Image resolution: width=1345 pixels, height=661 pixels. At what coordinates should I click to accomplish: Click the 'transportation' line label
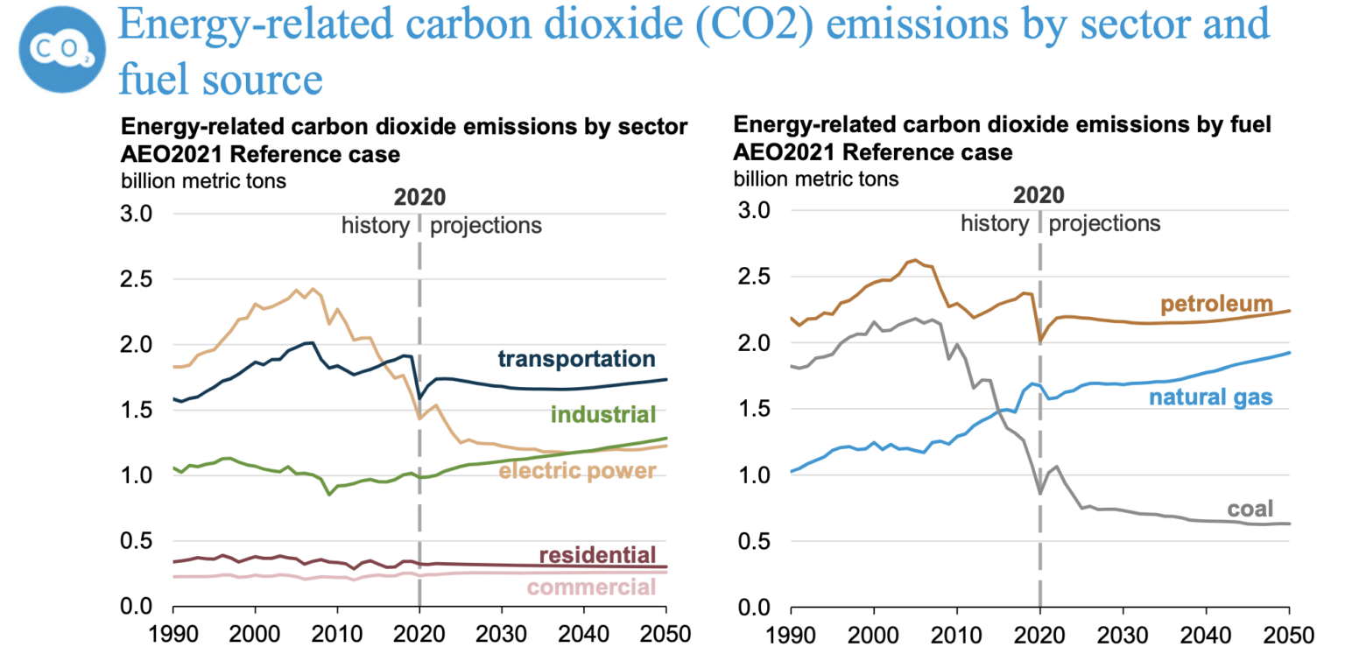pyautogui.click(x=575, y=359)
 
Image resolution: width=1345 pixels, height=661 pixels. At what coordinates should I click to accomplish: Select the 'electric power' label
pyautogui.click(x=577, y=471)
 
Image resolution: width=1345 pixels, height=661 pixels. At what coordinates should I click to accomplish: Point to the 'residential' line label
pyautogui.click(x=596, y=555)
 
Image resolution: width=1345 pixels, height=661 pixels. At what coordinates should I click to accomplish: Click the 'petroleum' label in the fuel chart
pyautogui.click(x=1216, y=305)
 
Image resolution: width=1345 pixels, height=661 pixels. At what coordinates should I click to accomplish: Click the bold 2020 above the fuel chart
pyautogui.click(x=1039, y=194)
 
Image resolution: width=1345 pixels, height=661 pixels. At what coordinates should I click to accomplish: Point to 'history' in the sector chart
pyautogui.click(x=376, y=226)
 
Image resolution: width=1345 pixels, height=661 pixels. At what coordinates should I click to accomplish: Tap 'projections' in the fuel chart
pyautogui.click(x=1104, y=223)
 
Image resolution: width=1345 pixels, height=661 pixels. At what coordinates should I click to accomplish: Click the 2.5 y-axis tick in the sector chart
pyautogui.click(x=142, y=279)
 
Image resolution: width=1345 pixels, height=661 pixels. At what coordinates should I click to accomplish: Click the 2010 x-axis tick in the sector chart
pyautogui.click(x=337, y=634)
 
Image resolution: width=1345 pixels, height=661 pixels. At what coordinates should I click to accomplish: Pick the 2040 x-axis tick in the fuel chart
pyautogui.click(x=1206, y=634)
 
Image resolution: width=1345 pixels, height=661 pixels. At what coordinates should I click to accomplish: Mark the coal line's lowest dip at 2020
pyautogui.click(x=1039, y=494)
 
